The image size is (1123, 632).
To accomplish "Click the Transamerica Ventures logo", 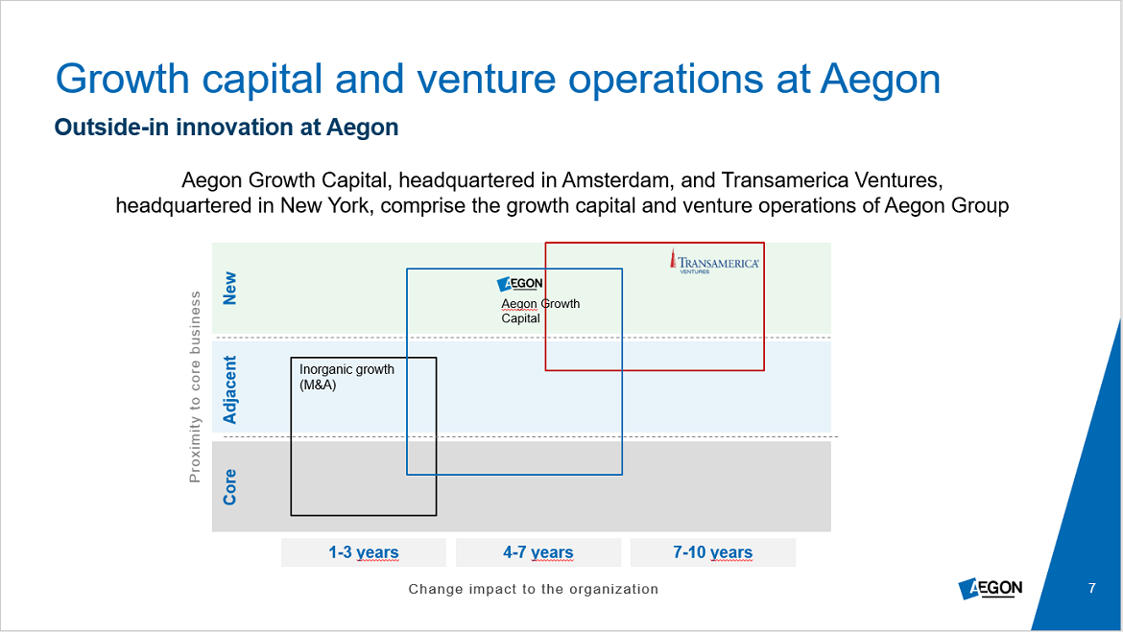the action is pos(714,262).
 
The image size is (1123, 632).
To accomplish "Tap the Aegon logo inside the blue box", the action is pos(520,284).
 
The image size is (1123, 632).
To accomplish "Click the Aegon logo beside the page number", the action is pos(991,588).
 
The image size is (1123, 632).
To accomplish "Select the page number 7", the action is pos(1091,588).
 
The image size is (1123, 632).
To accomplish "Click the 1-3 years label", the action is pos(363,552).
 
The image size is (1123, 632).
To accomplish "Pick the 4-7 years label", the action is pos(538,552).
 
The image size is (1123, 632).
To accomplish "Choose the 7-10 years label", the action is pos(712,552).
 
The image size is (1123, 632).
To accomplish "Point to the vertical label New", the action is pos(229,288).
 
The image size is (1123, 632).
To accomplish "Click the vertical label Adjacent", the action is pos(229,390).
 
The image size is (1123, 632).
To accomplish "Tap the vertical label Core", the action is pos(229,486).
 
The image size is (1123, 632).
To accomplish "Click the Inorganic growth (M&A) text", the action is pos(346,377).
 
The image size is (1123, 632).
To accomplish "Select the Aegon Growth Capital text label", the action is pos(540,311).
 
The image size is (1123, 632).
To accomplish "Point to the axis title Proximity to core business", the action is pos(195,387).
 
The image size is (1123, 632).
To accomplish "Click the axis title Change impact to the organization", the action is pos(533,589).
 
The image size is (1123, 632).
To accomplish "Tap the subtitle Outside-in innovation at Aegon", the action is pos(227,128).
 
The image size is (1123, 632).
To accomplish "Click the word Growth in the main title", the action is pos(123,79).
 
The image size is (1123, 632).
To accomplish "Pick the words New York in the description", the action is pos(325,206).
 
